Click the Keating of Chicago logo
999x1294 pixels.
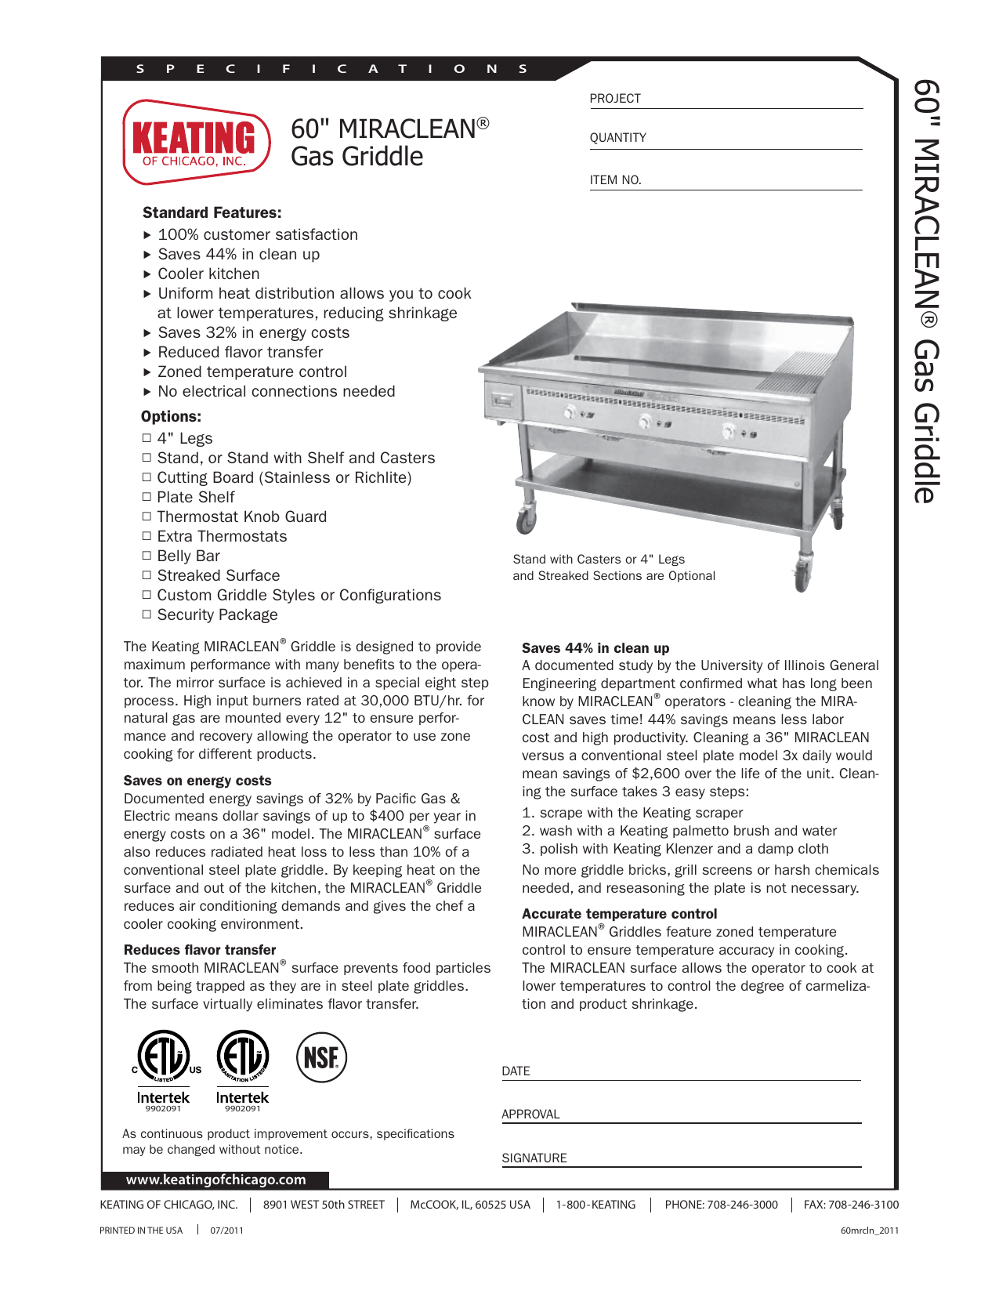pyautogui.click(x=196, y=142)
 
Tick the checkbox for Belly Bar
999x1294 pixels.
pyautogui.click(x=147, y=556)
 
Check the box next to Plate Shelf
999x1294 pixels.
pyautogui.click(x=147, y=497)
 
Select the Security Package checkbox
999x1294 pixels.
pyautogui.click(x=147, y=614)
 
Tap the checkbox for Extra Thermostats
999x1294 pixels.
pyautogui.click(x=147, y=536)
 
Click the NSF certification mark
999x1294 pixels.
pyautogui.click(x=321, y=1057)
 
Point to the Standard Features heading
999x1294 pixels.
pyautogui.click(x=212, y=212)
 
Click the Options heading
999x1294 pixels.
pyautogui.click(x=171, y=416)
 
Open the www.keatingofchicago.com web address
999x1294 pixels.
pyautogui.click(x=215, y=1180)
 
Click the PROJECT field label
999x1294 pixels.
pyautogui.click(x=615, y=99)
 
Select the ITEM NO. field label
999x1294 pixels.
pyautogui.click(x=615, y=180)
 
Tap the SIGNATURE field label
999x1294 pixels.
pyautogui.click(x=534, y=1158)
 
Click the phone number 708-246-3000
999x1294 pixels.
pyautogui.click(x=742, y=1205)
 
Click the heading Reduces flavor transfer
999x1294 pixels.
pyautogui.click(x=200, y=950)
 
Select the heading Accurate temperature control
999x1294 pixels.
pyautogui.click(x=619, y=914)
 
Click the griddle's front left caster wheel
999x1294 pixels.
pyautogui.click(x=526, y=520)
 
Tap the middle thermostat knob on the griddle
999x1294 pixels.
pyautogui.click(x=645, y=422)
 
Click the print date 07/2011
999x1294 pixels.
pyautogui.click(x=226, y=1231)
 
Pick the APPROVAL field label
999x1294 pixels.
pyautogui.click(x=530, y=1115)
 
